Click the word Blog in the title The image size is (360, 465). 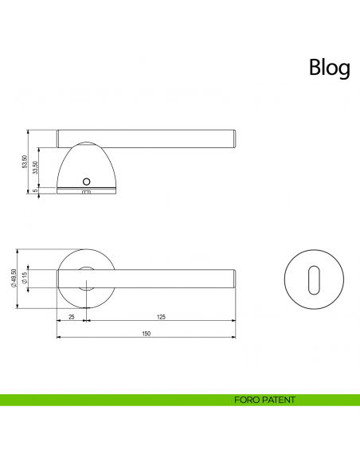329,68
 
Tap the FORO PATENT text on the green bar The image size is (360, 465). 265,400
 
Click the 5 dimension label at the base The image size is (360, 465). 36,190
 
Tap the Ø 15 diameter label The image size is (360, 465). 25,278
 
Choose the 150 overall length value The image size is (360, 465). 147,334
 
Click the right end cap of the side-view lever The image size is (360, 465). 233,138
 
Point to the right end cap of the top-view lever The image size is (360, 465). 233,278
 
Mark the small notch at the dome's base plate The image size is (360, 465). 87,192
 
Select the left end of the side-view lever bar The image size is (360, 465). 60,138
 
